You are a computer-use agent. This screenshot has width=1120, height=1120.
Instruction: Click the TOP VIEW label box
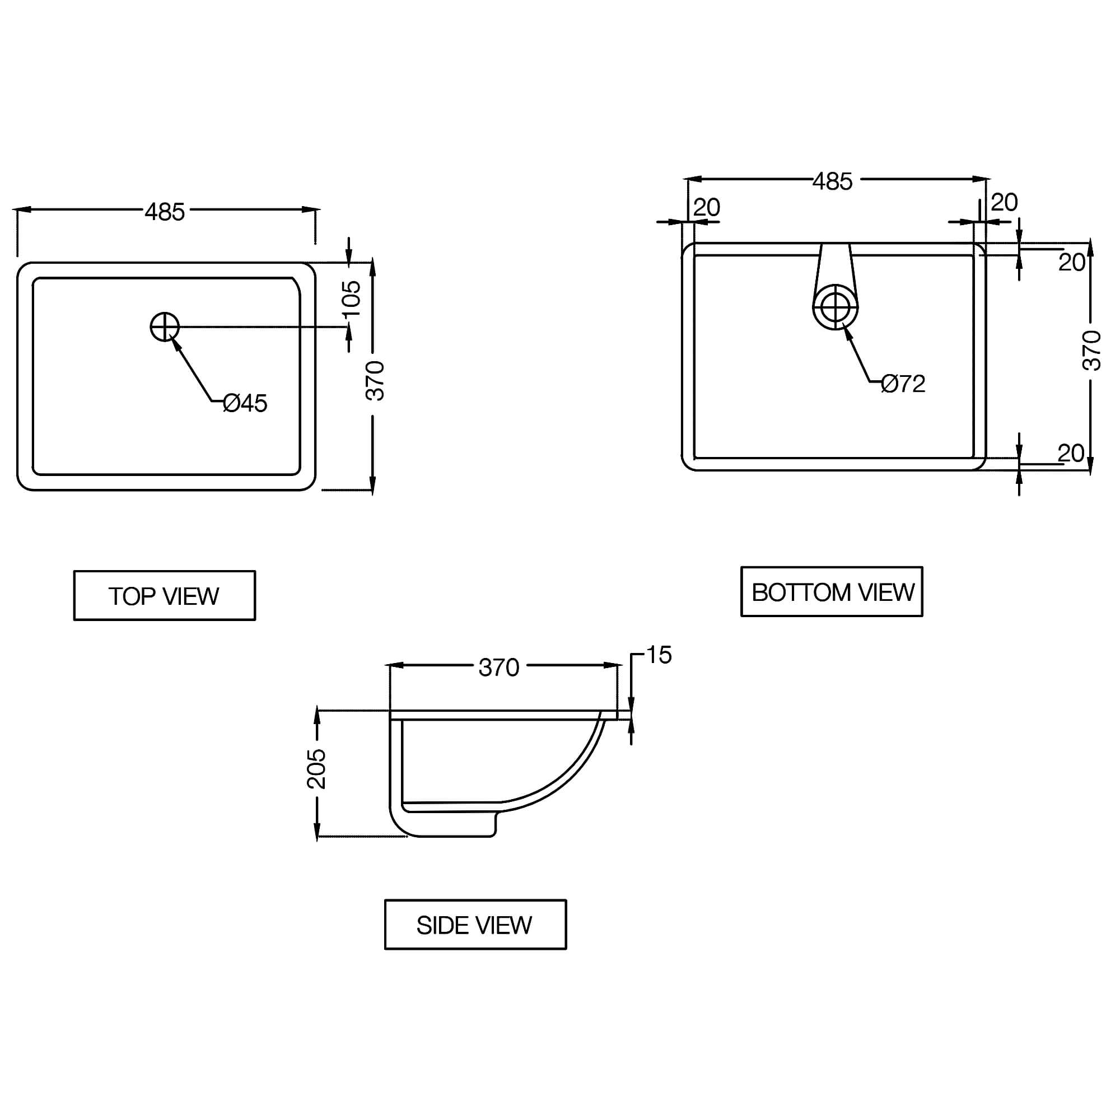[x=164, y=595]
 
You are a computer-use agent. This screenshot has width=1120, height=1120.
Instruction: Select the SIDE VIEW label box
[x=475, y=925]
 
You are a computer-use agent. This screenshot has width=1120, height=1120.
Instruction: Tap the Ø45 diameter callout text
[x=245, y=403]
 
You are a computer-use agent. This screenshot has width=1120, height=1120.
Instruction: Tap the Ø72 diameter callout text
[x=903, y=383]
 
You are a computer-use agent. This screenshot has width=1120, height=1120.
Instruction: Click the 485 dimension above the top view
[x=165, y=212]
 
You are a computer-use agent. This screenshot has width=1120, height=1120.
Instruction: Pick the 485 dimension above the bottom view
[x=832, y=181]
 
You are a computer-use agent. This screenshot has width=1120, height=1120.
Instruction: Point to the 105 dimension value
[x=352, y=298]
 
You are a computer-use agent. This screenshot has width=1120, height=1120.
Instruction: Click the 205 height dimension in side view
[x=316, y=769]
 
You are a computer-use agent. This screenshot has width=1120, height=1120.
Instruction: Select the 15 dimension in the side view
[x=659, y=655]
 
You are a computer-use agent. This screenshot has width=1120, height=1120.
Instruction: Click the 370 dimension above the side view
[x=498, y=668]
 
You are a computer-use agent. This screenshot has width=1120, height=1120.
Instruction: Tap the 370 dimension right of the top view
[x=375, y=380]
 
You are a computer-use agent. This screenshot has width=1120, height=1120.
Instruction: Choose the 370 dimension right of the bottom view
[x=1091, y=350]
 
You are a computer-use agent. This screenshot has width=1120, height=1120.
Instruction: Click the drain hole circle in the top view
[x=165, y=327]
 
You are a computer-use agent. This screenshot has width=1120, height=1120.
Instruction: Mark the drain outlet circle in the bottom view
[x=835, y=307]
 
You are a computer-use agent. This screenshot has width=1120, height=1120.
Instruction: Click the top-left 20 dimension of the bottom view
[x=706, y=207]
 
